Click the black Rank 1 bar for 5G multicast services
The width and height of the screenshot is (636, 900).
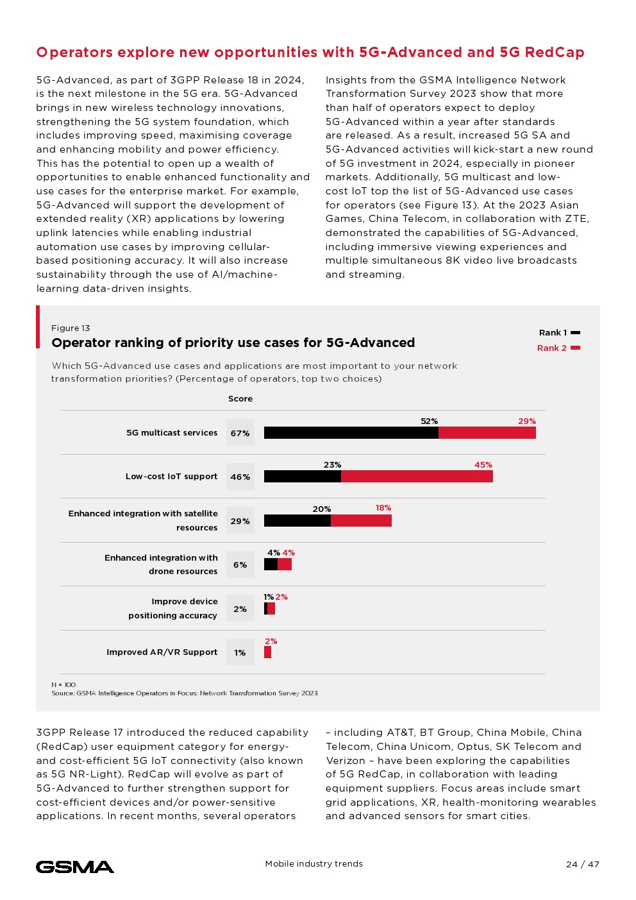tap(351, 433)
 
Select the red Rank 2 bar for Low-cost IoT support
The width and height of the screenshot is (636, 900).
tap(417, 477)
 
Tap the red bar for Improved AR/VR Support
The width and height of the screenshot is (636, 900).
tap(267, 652)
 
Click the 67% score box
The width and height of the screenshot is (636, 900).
tap(240, 433)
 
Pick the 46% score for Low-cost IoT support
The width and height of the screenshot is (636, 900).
tap(240, 477)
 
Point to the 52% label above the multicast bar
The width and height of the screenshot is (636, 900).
tap(429, 421)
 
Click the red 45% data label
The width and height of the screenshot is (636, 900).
tap(483, 465)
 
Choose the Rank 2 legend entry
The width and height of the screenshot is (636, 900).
tap(558, 348)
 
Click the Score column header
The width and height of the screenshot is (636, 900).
tap(240, 399)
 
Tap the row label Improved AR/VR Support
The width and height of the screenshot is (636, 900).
tap(162, 652)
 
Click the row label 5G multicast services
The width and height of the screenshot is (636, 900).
tap(172, 433)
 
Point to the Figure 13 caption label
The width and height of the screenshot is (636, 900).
tap(71, 328)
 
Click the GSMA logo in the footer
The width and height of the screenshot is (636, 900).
tap(75, 867)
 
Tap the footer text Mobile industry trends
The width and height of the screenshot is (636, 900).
tap(314, 864)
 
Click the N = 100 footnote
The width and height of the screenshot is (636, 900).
tap(63, 685)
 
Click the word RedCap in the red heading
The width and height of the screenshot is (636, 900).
tap(555, 53)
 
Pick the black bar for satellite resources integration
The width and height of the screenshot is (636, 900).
tap(297, 521)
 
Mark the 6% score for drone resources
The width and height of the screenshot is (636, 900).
tap(240, 565)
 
